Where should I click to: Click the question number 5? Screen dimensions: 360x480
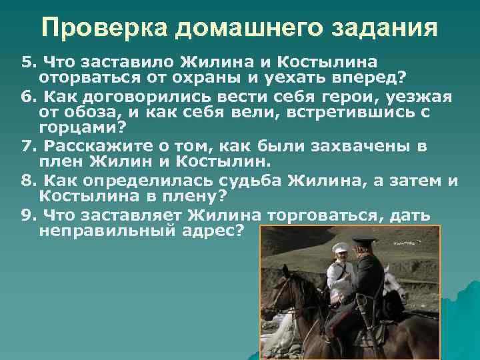[27, 62]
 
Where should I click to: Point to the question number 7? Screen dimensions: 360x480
[27, 146]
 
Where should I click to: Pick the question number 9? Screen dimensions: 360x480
[27, 216]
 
